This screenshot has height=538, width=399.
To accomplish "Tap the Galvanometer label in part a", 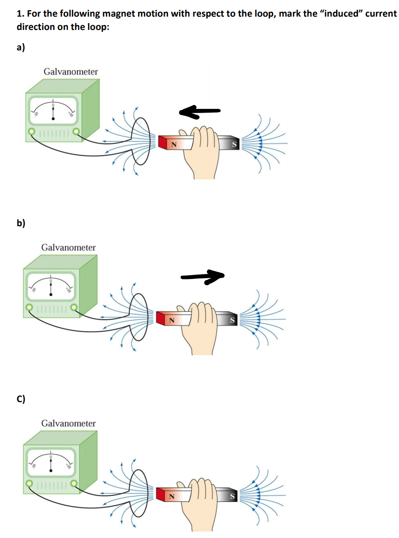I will click(x=71, y=72).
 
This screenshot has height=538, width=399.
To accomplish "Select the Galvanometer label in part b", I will click(x=68, y=248).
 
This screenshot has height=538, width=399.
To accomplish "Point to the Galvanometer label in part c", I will click(x=68, y=423).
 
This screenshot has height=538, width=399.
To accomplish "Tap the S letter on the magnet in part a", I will click(x=234, y=144).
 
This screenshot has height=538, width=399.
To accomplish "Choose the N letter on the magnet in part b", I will click(x=172, y=321).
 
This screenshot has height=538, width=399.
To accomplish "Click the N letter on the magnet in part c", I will click(x=172, y=497).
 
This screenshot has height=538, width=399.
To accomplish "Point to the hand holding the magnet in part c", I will click(x=202, y=499).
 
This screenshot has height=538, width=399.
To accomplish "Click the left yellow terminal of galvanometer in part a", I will click(x=31, y=131).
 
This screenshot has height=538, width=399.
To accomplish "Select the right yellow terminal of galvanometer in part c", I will click(x=74, y=483).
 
